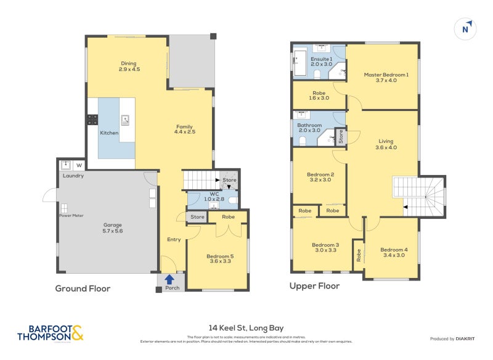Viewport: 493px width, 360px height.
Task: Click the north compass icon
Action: (466, 28)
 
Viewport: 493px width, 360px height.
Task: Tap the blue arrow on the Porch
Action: (169, 279)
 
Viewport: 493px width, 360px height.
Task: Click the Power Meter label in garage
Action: (71, 215)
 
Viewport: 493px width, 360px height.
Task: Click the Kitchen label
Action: (109, 133)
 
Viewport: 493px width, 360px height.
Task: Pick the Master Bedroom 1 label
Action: (386, 77)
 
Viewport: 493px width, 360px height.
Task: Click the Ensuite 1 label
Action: (321, 61)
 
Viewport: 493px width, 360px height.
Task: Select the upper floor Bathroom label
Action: (309, 127)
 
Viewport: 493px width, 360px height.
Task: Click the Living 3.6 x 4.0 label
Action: (385, 144)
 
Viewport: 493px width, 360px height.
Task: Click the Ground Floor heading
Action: (83, 288)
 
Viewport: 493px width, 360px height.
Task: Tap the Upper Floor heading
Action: (314, 286)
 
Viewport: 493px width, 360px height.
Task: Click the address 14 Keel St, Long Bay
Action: (246, 328)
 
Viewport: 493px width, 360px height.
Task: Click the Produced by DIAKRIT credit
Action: (455, 338)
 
